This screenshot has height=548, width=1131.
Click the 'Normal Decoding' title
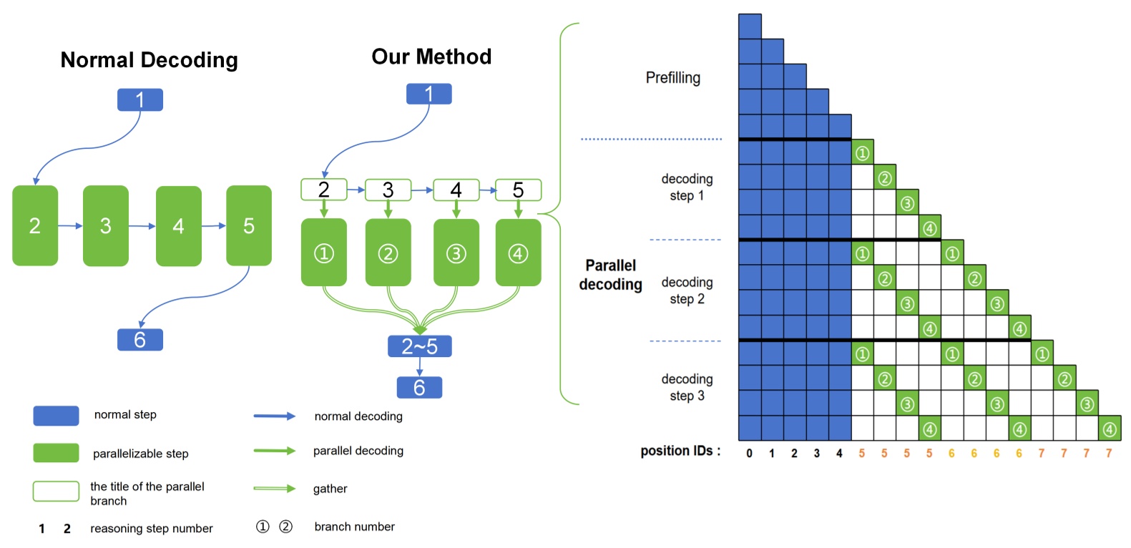[149, 60]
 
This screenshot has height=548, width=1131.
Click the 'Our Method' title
[431, 57]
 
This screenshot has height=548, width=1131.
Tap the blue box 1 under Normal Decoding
[140, 100]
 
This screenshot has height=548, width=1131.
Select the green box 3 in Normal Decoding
[106, 226]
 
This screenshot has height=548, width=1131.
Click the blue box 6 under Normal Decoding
[140, 340]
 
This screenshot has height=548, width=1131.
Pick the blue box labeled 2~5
[419, 346]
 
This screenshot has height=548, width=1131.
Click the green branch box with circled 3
[456, 253]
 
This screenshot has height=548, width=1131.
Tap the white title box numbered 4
[456, 190]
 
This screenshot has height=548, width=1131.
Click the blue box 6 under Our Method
[419, 388]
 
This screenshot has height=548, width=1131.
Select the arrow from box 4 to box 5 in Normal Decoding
[213, 226]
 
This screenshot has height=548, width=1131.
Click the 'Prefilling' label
[672, 78]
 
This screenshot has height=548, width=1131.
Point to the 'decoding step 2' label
[687, 290]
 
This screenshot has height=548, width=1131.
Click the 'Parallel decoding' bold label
[610, 275]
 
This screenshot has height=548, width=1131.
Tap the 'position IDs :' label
[680, 451]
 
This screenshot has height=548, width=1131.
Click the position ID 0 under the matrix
[749, 454]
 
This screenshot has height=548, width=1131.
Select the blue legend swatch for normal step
[56, 416]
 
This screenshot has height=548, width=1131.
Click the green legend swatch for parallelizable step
[56, 453]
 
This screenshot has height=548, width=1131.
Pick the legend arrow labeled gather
[274, 489]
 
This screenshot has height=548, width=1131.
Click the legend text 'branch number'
[354, 527]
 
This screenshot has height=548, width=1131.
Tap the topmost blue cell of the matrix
[750, 26]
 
